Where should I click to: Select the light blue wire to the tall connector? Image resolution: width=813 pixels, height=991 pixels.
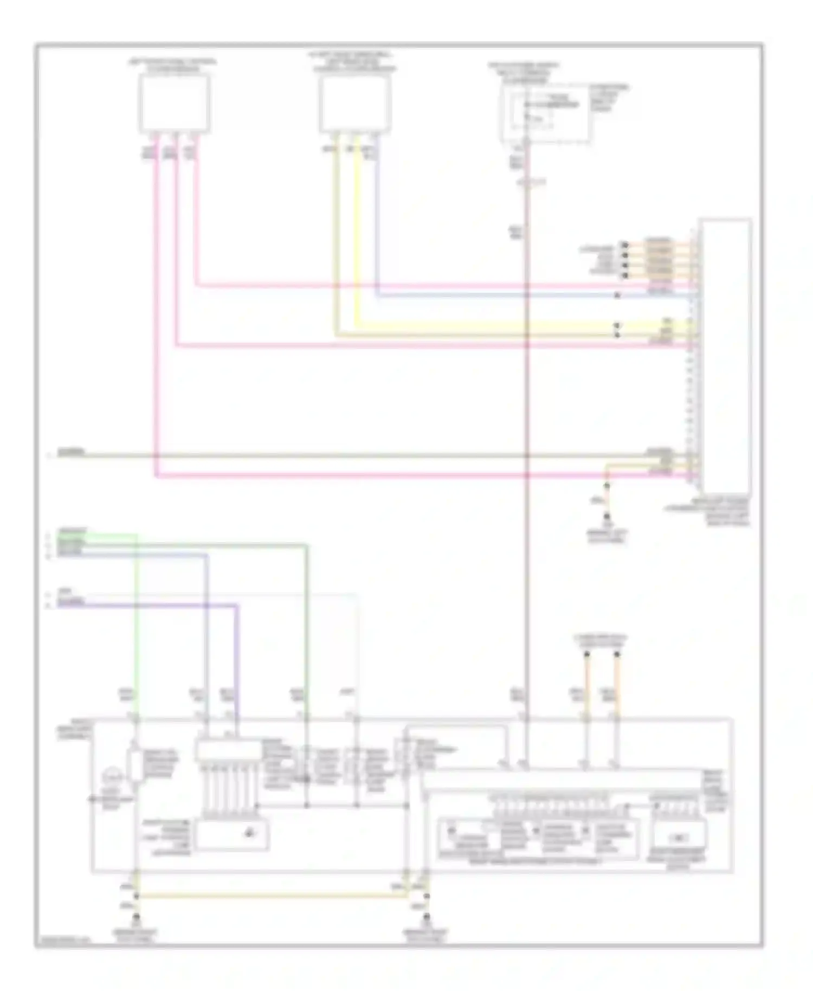(x=488, y=296)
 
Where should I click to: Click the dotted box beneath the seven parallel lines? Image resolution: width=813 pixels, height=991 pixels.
(x=232, y=834)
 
